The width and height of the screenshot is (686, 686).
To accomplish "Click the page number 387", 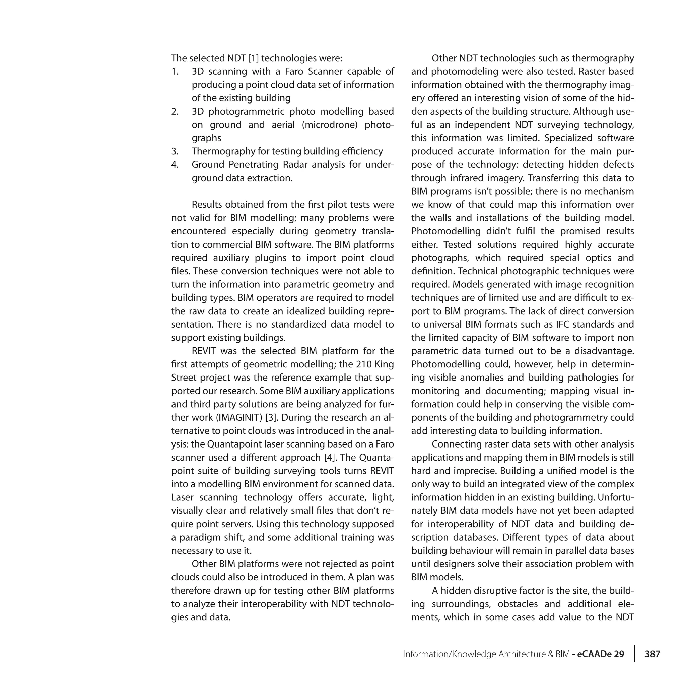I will [x=652, y=654].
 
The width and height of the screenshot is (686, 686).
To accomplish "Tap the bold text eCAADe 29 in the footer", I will [x=601, y=654].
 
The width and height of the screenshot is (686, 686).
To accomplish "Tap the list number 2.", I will [x=175, y=111].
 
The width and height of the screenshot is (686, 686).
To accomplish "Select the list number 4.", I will [x=175, y=164].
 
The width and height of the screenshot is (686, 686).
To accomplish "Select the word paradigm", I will [x=201, y=537].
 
